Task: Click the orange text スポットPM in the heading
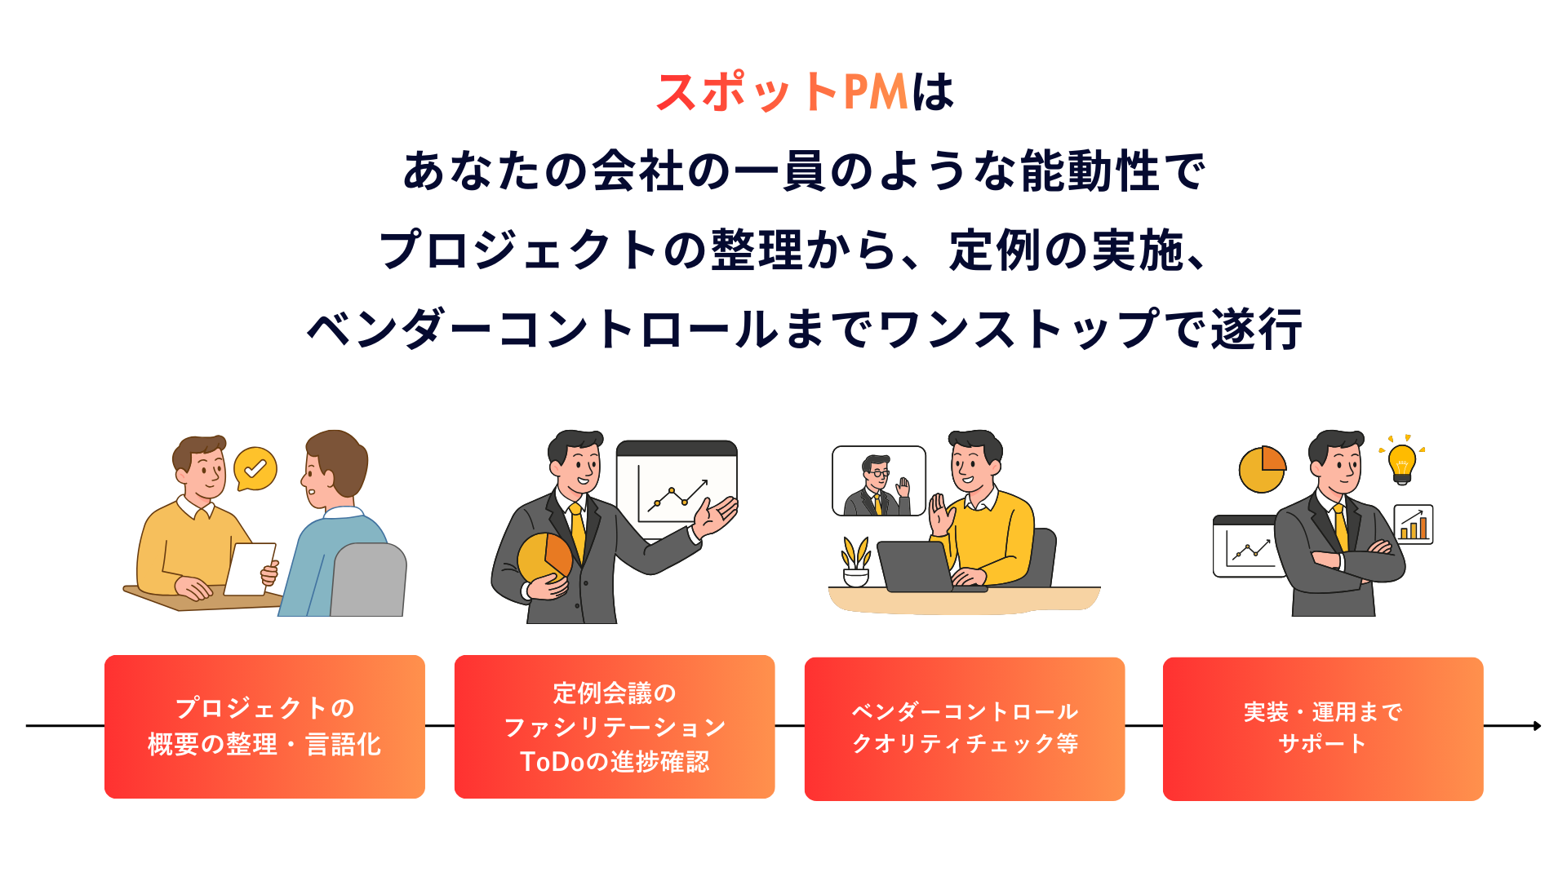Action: pyautogui.click(x=782, y=91)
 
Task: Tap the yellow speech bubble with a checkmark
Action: pyautogui.click(x=255, y=468)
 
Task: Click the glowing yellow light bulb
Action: pyautogui.click(x=1401, y=462)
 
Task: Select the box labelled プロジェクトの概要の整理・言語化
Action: pyautogui.click(x=264, y=726)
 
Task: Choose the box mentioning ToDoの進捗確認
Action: pyautogui.click(x=614, y=726)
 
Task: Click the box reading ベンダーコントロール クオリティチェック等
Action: pyautogui.click(x=964, y=728)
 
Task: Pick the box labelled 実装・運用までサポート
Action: pyautogui.click(x=1322, y=728)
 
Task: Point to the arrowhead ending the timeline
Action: pyautogui.click(x=1537, y=725)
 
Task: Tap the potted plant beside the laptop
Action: pyautogui.click(x=855, y=562)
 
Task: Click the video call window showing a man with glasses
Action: pyautogui.click(x=878, y=480)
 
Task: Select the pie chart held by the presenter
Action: pyautogui.click(x=544, y=558)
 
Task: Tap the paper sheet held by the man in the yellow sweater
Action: pyautogui.click(x=250, y=568)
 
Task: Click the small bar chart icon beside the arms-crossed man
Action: pyautogui.click(x=1414, y=525)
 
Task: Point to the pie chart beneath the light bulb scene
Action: pyautogui.click(x=1262, y=469)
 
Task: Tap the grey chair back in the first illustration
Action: pyautogui.click(x=369, y=579)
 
